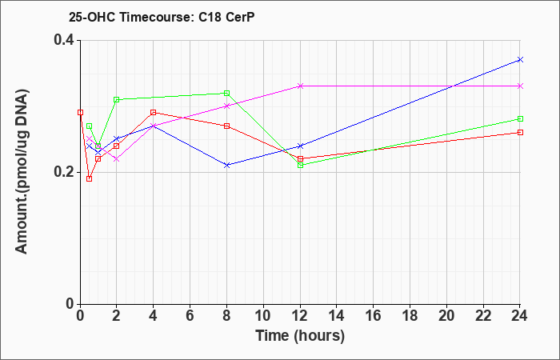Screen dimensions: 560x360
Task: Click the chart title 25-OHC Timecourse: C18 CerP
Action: [162, 18]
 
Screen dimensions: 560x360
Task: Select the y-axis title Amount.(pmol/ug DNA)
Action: [22, 172]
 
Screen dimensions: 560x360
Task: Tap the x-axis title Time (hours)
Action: [300, 336]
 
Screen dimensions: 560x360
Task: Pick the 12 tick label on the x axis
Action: [300, 316]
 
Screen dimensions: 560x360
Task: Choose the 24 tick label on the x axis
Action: [520, 316]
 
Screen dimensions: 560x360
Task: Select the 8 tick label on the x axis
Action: [226, 316]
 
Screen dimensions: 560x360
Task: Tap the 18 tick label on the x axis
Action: [410, 316]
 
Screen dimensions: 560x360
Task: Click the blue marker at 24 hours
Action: [520, 60]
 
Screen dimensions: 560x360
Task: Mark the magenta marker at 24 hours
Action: [520, 86]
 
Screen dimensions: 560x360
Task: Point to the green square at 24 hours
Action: [520, 119]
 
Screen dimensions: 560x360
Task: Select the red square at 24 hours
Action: [520, 133]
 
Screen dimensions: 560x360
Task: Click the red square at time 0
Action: [80, 113]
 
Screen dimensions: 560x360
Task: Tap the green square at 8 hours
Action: [226, 94]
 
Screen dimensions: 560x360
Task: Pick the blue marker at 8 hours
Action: [226, 166]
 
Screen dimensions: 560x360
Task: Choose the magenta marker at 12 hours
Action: [300, 86]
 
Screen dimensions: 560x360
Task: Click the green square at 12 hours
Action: [300, 166]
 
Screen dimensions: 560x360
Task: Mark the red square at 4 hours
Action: [154, 113]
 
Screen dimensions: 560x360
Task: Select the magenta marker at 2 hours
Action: [117, 159]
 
